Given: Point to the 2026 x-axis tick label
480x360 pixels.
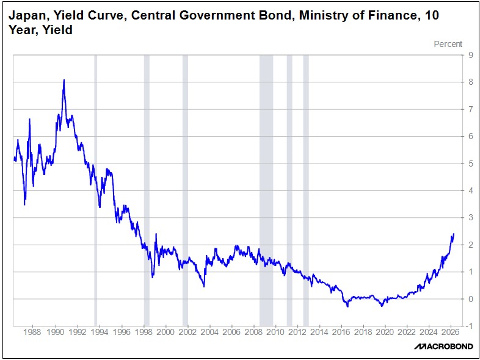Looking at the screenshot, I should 449,333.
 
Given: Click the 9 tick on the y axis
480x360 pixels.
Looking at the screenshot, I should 470,55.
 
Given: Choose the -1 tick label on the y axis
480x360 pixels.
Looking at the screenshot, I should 468,326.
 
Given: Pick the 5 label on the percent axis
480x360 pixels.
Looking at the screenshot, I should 470,164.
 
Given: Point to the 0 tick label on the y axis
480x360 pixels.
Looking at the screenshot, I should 470,299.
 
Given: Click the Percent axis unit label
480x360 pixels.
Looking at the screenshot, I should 448,44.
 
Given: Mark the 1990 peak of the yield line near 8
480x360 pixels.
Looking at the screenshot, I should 64,81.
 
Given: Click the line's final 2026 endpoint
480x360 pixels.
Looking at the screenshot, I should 453,234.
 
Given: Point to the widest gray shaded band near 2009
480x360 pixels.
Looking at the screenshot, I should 266,189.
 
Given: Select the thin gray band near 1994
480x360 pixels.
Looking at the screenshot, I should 95,189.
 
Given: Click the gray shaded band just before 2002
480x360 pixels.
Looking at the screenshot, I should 185,189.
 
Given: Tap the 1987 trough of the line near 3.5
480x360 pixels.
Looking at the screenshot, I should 24,204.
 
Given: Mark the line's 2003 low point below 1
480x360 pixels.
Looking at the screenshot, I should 204,286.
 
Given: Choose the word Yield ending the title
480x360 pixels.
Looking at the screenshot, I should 59,29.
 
